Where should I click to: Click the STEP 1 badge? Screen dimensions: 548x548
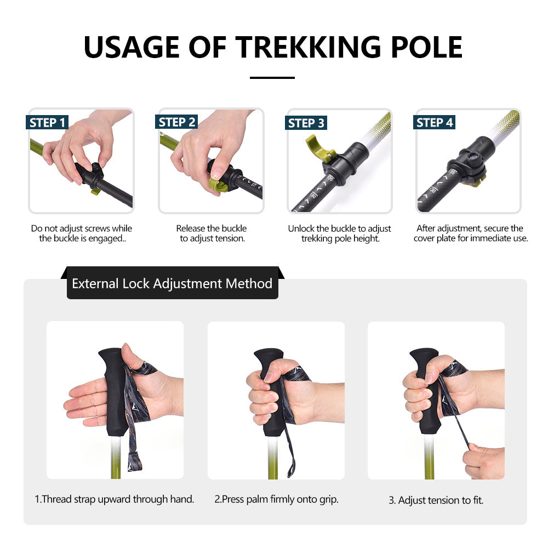[47, 122]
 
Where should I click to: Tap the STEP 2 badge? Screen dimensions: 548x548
[176, 122]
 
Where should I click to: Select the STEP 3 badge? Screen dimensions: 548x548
[306, 123]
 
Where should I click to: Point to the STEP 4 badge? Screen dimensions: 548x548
[435, 122]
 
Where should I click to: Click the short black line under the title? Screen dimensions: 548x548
[272, 78]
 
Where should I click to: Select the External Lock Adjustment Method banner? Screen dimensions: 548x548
[172, 283]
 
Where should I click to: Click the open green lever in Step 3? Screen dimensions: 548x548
[316, 148]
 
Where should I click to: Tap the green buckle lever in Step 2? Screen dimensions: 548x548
[218, 184]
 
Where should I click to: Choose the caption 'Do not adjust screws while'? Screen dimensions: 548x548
[82, 229]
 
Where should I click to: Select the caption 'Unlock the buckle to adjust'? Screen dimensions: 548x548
[340, 229]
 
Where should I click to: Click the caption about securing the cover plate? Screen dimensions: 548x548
[470, 233]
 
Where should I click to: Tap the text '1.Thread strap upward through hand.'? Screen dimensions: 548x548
[115, 499]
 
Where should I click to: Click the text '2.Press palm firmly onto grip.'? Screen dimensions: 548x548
[276, 499]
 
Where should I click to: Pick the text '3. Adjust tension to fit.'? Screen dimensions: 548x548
[436, 500]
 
